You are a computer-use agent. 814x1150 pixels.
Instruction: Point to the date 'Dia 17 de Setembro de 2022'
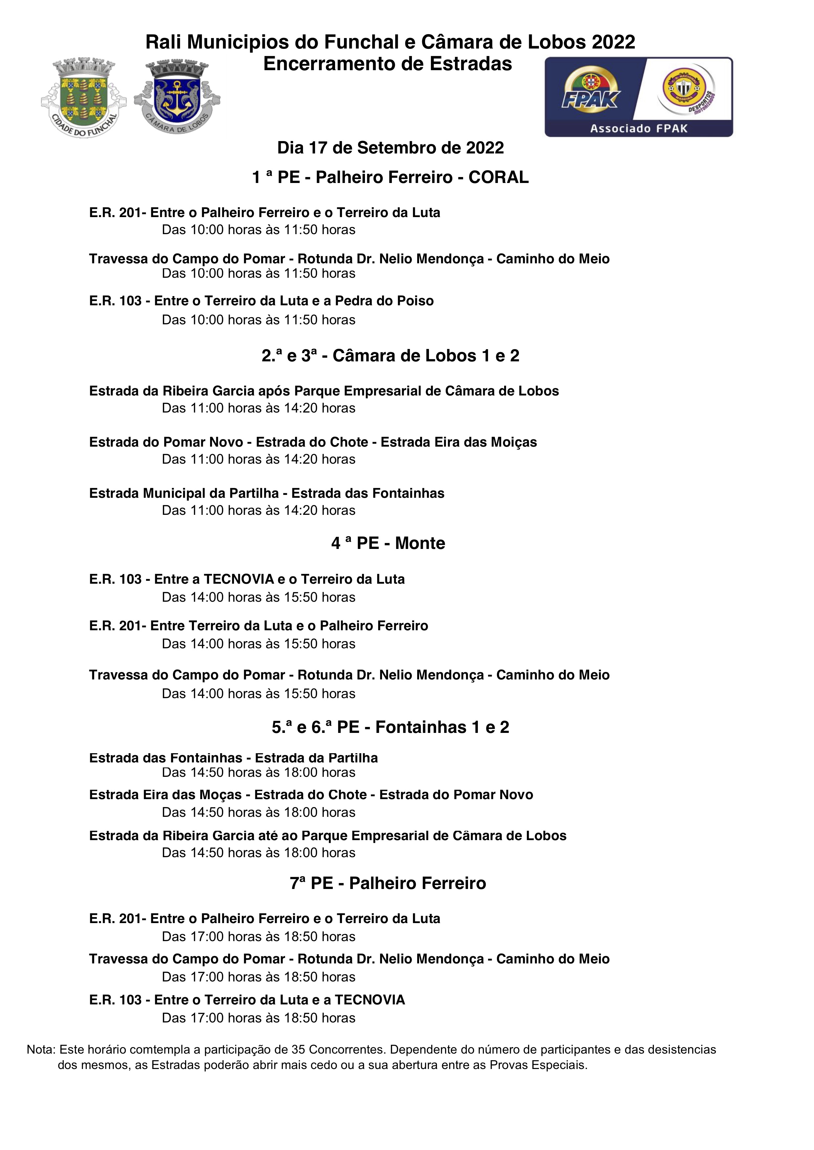click(391, 148)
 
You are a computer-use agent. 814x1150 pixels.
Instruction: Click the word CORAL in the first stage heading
click(498, 177)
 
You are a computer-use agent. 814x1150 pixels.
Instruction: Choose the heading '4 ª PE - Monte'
click(388, 543)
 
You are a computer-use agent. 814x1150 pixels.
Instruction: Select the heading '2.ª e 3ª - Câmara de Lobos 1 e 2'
click(391, 355)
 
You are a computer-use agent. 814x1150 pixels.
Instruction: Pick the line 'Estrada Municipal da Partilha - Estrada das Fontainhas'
click(267, 494)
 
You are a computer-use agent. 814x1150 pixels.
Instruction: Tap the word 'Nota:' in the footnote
click(41, 1050)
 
